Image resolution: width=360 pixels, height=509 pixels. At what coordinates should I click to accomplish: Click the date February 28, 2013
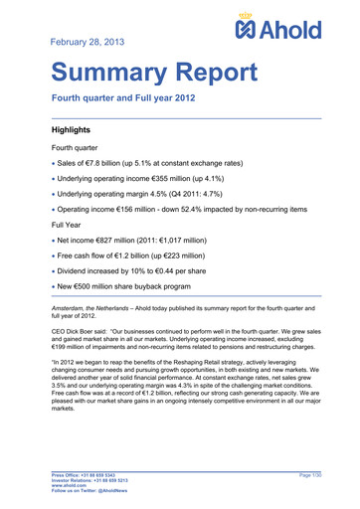pos(90,42)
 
